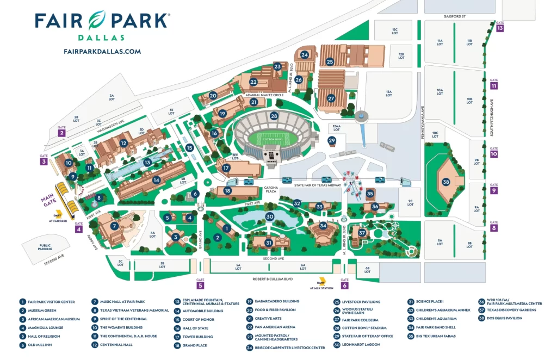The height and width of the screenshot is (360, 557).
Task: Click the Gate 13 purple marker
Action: (x=499, y=28)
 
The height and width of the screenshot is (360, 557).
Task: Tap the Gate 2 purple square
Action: (x=61, y=133)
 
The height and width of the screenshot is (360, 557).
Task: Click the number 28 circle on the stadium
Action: (x=274, y=116)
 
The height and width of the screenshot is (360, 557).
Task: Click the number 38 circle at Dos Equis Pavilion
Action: (x=446, y=182)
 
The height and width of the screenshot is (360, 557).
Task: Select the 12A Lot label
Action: (x=388, y=94)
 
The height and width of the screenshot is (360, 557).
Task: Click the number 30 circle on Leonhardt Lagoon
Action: (x=269, y=216)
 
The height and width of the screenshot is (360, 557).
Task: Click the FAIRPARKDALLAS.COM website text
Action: (x=102, y=52)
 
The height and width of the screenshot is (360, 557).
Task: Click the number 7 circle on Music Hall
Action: (x=114, y=226)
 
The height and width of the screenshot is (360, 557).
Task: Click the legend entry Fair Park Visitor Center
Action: (x=51, y=302)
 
